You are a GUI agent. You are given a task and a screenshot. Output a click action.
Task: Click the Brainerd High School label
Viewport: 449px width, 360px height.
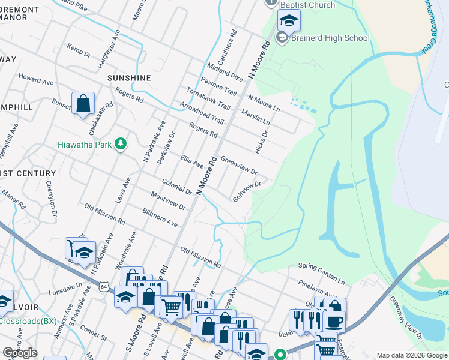pos(330,38)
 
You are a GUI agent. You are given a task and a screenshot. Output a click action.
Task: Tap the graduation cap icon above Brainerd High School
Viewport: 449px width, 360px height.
pos(289,21)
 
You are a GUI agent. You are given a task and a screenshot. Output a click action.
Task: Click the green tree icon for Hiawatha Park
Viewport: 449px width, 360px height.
pos(121,144)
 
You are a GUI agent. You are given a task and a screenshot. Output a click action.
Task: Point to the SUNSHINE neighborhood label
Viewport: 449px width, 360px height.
pos(129,79)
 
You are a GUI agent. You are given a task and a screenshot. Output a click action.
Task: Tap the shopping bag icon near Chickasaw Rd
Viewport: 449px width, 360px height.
pos(83,103)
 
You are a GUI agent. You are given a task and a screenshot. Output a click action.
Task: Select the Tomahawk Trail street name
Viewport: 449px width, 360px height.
pos(208,98)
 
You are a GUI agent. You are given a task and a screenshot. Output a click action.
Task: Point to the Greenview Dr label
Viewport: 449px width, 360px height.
pos(239,164)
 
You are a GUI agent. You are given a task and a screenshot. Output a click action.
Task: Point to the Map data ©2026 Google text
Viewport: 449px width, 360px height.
pos(411,355)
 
